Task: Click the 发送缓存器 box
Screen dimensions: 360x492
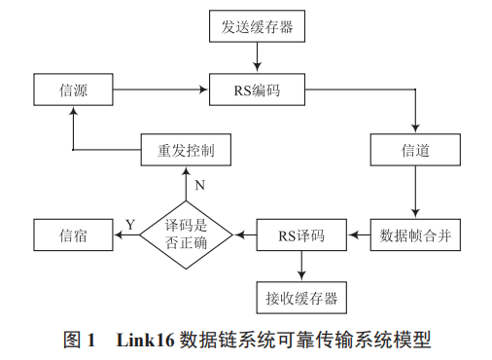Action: click(x=258, y=26)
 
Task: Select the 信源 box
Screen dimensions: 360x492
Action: click(x=74, y=90)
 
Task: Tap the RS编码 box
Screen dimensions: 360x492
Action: click(x=258, y=90)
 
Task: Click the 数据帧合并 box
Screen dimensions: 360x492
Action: click(x=415, y=234)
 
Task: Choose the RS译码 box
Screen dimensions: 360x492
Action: click(x=301, y=234)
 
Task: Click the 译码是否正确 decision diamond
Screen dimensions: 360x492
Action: click(x=187, y=234)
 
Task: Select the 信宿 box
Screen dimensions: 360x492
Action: click(x=74, y=234)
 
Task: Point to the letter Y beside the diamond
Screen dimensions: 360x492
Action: click(x=129, y=225)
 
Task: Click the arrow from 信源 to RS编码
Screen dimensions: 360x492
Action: click(x=162, y=90)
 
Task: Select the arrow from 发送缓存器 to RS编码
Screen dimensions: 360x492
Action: click(x=258, y=58)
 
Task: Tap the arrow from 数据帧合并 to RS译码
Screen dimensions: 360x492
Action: click(x=360, y=234)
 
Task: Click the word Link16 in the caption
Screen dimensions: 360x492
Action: click(x=145, y=341)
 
